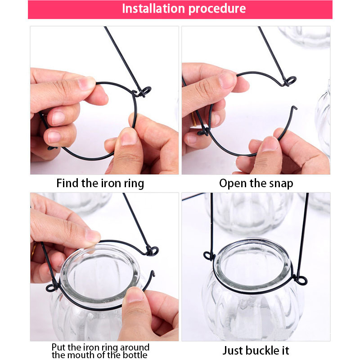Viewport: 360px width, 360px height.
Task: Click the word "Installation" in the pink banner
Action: tap(153, 9)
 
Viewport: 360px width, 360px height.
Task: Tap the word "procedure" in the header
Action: tap(217, 9)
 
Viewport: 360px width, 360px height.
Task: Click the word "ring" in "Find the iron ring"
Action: tap(134, 184)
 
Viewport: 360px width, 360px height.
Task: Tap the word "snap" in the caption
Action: tap(281, 184)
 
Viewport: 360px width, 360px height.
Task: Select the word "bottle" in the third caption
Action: tap(135, 355)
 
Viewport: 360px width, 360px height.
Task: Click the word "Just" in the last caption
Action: tap(233, 351)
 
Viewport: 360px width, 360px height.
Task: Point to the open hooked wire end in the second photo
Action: tap(294, 108)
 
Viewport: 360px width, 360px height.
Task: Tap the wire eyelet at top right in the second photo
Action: tap(290, 81)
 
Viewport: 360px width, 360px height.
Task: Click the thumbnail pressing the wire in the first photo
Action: tap(129, 137)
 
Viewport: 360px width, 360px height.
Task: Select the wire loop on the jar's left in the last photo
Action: tap(208, 256)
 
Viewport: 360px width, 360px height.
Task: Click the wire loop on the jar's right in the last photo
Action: tap(301, 280)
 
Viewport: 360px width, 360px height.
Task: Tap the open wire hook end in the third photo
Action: tap(153, 273)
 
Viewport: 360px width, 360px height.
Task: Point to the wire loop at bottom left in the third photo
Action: tap(52, 288)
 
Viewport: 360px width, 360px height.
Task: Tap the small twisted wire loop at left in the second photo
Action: tap(203, 132)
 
